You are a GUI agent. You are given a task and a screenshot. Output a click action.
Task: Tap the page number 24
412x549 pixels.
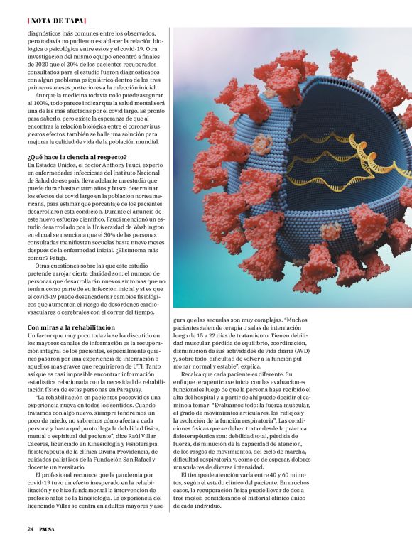31,529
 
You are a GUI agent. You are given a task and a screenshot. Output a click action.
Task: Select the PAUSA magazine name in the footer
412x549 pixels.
48,529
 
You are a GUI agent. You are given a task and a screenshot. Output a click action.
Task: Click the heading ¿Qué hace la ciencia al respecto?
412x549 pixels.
77,156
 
